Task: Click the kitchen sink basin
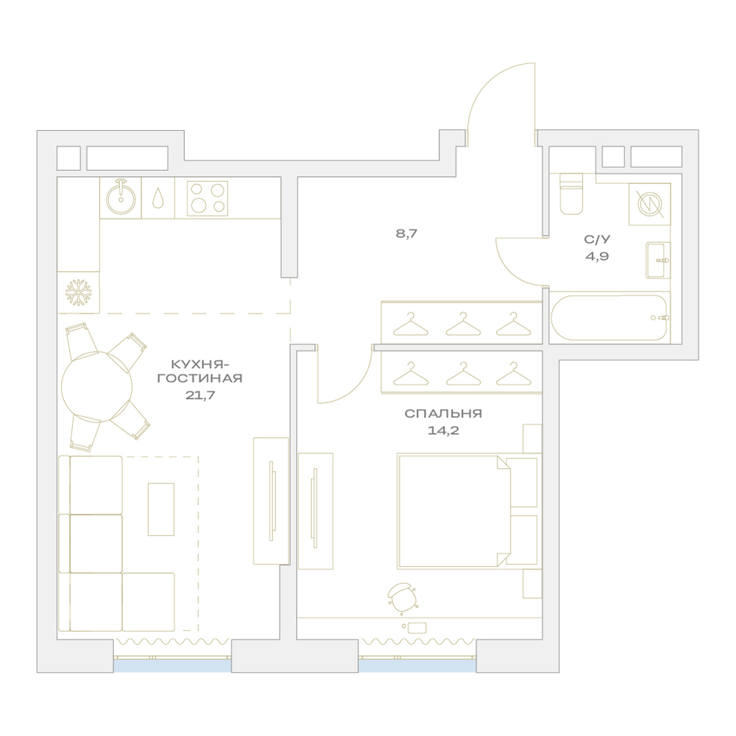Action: coord(121,199)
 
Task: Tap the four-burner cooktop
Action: coord(208,199)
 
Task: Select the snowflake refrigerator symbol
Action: coord(78,292)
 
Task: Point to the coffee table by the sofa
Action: coord(161,509)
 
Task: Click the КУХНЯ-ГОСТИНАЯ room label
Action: coord(200,371)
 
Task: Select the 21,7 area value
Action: coord(200,395)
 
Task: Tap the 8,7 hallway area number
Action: coord(406,233)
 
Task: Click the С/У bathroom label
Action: coord(597,239)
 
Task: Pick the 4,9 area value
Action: coord(597,256)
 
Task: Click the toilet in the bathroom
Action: coord(571,194)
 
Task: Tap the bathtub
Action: coord(609,318)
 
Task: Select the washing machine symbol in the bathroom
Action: coord(650,204)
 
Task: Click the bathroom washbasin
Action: coord(658,261)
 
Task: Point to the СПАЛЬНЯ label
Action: coord(443,414)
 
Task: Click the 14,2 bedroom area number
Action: coord(443,431)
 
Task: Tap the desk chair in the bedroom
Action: coord(402,598)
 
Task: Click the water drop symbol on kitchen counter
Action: coord(158,198)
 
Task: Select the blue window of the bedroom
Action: coord(417,665)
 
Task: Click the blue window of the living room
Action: coord(172,665)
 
